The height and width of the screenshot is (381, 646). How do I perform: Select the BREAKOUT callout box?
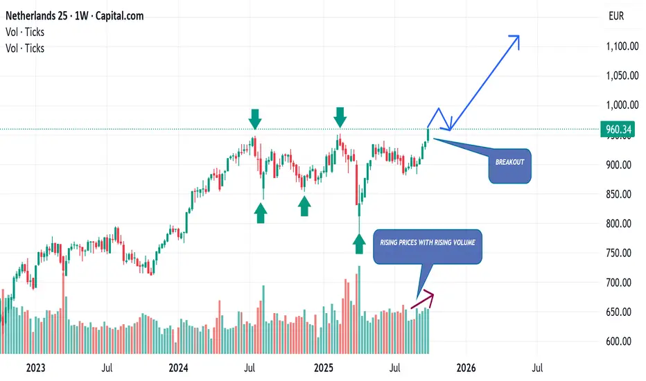pos(510,166)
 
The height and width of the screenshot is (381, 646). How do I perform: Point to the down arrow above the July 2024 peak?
pos(255,119)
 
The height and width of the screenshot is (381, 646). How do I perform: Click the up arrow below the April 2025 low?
pos(359,243)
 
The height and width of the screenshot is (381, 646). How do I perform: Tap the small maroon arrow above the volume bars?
pos(424,298)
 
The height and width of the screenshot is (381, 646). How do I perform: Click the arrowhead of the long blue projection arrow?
pos(516,38)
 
